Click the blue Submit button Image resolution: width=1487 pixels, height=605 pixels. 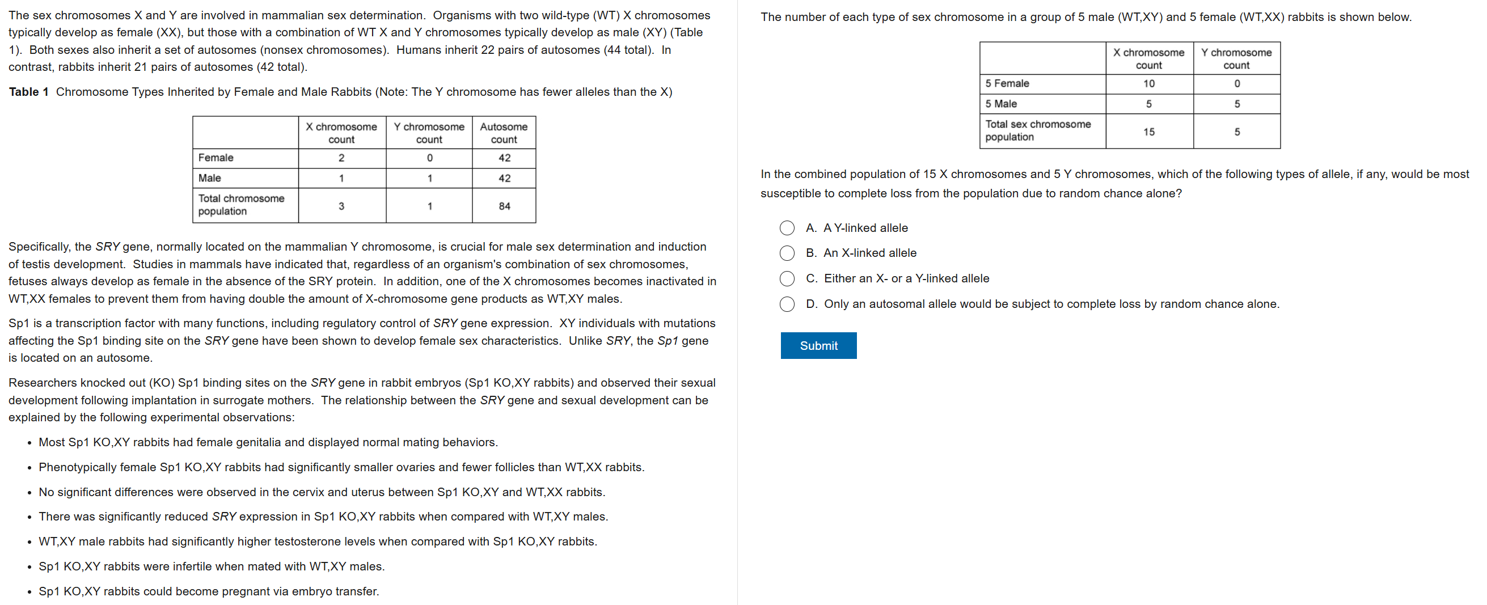point(818,345)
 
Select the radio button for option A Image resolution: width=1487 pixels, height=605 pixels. point(787,228)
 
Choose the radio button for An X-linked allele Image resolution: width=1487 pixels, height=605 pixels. point(787,253)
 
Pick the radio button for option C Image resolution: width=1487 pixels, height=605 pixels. point(787,279)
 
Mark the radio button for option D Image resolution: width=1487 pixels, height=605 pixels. point(787,304)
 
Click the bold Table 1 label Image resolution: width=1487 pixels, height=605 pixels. point(29,92)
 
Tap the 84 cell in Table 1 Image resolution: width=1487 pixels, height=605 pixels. point(504,206)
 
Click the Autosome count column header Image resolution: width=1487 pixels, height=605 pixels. point(504,133)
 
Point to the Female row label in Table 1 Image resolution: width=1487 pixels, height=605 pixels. point(216,158)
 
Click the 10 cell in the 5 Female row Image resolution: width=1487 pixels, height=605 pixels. point(1149,84)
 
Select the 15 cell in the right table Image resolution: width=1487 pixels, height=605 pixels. point(1149,132)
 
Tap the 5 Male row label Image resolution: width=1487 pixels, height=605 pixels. point(1001,104)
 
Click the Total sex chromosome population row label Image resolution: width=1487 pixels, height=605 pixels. point(1037,130)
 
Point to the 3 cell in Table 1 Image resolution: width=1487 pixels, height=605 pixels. point(341,206)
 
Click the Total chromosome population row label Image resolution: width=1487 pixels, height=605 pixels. point(241,205)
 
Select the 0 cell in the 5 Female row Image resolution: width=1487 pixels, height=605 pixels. point(1236,84)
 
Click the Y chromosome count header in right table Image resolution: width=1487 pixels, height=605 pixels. point(1236,59)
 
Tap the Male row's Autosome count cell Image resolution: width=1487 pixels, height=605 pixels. point(504,179)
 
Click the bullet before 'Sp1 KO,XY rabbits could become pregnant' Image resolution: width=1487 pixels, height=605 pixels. point(29,592)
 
